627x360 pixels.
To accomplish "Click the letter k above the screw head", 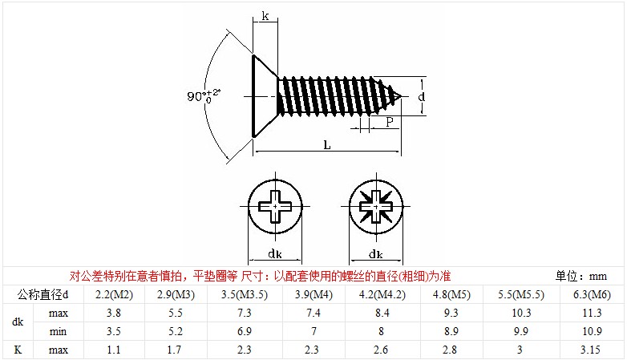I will tap(265, 16).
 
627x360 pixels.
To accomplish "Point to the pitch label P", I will tap(389, 122).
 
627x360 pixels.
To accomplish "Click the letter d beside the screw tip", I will tap(422, 96).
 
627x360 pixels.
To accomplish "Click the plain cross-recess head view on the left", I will tap(275, 207).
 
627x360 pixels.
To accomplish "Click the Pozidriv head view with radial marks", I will tap(375, 207).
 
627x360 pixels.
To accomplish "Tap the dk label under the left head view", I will tap(274, 254).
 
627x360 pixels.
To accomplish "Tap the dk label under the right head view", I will tap(375, 254).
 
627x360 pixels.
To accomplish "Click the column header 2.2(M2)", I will tap(115, 294).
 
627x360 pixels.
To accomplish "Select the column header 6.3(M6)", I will tap(592, 294).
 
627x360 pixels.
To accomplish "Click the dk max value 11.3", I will tap(592, 313).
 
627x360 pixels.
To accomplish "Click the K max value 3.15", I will tap(592, 350).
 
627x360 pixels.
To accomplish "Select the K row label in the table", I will tap(17, 350).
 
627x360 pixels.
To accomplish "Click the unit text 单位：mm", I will tap(582, 276).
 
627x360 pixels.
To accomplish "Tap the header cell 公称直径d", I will tap(44, 294).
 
